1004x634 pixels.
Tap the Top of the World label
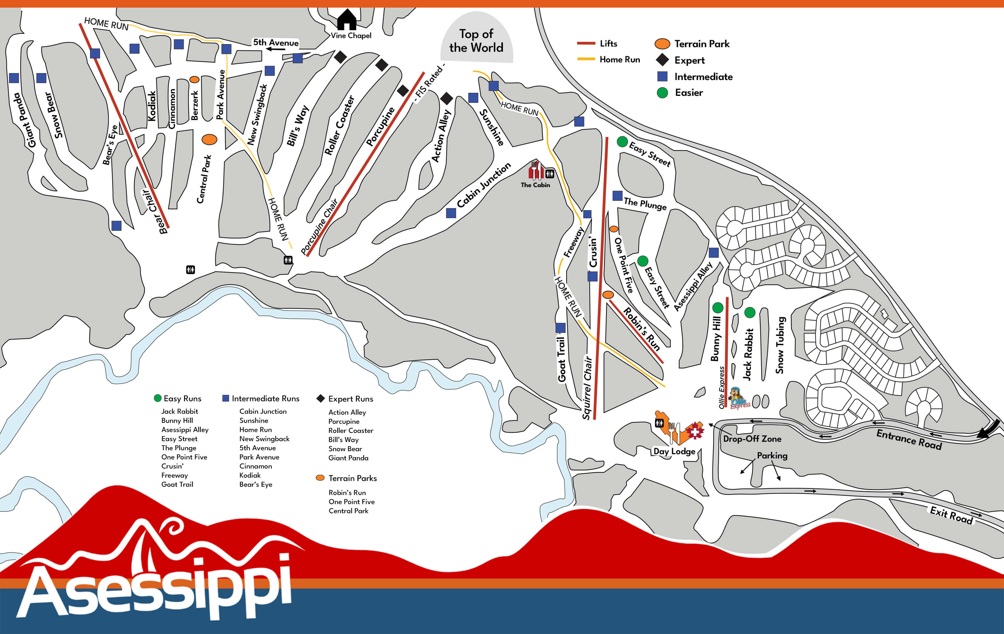point(476,40)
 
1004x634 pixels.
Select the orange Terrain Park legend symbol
point(662,44)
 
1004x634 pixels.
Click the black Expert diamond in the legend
point(662,60)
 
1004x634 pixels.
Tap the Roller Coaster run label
point(339,125)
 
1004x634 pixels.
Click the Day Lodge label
point(674,451)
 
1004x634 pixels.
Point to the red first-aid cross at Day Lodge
point(695,431)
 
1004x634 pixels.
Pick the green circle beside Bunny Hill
point(718,308)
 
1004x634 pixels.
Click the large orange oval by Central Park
point(209,140)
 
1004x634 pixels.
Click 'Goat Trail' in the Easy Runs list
point(177,484)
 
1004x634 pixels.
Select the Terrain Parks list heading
point(352,478)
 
